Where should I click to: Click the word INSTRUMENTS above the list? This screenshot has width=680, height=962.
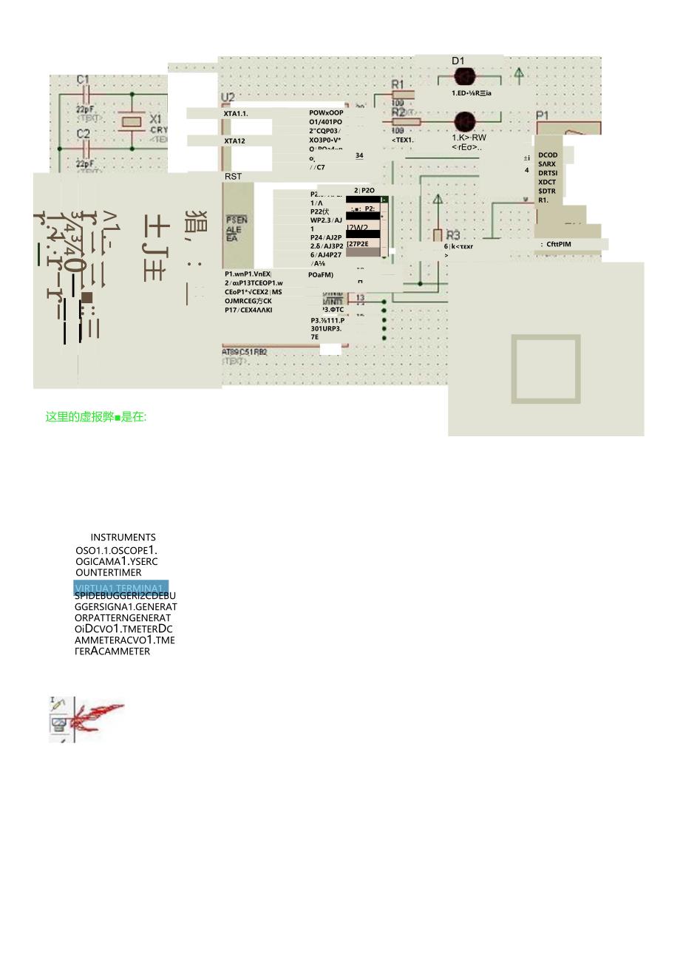click(123, 538)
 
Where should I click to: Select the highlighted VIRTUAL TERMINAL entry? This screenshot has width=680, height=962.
click(121, 588)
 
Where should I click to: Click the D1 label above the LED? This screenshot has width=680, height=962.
click(458, 61)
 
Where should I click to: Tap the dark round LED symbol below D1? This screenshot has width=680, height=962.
click(464, 77)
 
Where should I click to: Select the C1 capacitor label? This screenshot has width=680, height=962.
click(83, 79)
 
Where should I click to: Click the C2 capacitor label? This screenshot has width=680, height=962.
click(83, 134)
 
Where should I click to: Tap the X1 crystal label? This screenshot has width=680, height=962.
click(156, 119)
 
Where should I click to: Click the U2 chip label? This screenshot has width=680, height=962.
click(228, 98)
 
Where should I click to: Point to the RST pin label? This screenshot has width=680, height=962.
click(233, 177)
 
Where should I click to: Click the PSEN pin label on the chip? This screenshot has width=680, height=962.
click(237, 220)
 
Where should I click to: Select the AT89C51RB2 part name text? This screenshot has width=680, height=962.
click(245, 352)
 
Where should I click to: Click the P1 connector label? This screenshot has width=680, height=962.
click(543, 115)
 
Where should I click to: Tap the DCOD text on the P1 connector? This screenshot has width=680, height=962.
click(548, 155)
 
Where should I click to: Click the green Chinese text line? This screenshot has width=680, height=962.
click(96, 417)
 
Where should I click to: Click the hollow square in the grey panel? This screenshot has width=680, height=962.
click(545, 369)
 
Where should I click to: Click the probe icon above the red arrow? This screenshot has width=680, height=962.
click(58, 704)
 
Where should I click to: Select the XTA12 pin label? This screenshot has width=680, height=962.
click(235, 140)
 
